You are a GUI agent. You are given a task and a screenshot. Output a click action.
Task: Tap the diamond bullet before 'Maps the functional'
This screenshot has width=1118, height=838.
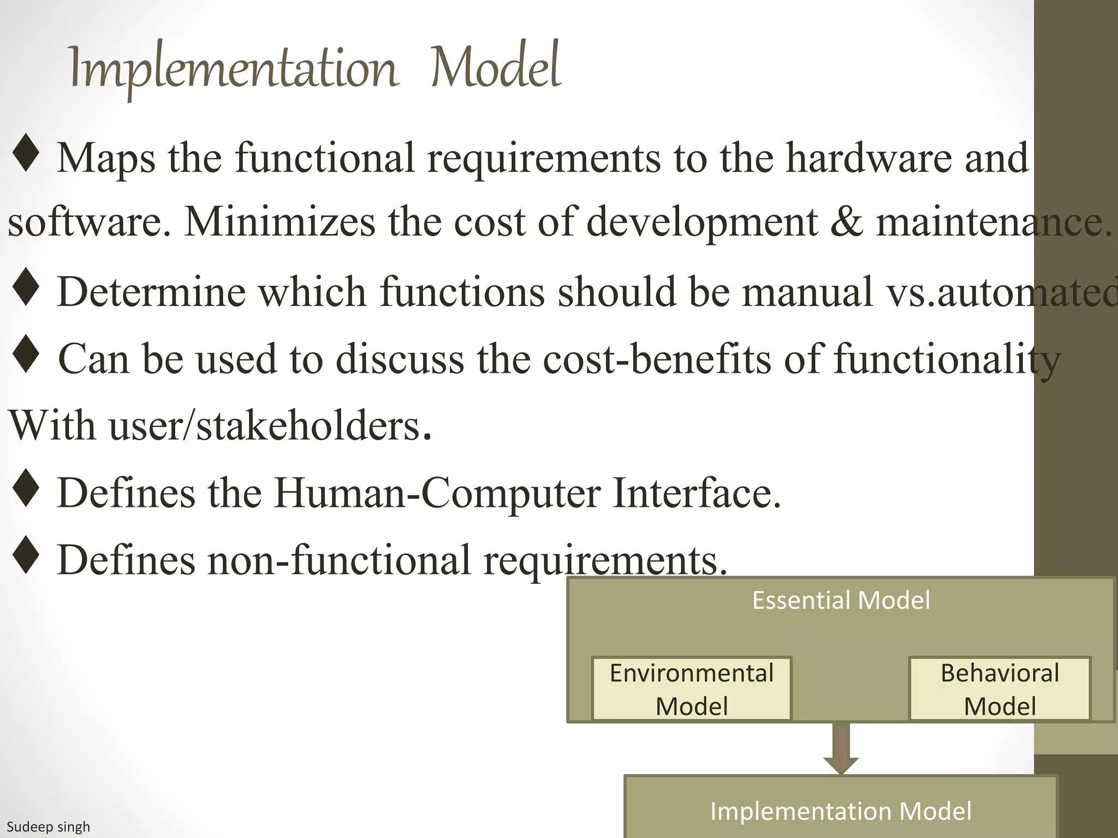tap(26, 154)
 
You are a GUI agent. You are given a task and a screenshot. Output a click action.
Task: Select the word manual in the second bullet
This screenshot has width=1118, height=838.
tap(807, 292)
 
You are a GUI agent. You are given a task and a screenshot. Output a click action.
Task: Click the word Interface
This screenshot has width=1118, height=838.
tap(697, 493)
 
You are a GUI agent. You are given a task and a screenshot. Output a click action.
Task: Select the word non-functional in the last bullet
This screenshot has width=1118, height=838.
tap(338, 560)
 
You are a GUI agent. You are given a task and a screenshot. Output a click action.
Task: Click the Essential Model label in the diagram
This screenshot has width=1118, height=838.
tap(841, 600)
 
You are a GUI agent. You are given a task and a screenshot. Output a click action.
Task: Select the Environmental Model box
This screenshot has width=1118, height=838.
tap(691, 689)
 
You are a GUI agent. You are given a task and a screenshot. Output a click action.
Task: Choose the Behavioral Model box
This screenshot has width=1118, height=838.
tap(999, 689)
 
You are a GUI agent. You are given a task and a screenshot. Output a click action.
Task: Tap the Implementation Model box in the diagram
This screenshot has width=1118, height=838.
tap(841, 811)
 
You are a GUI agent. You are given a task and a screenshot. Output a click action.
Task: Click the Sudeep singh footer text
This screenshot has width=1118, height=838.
tap(48, 827)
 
